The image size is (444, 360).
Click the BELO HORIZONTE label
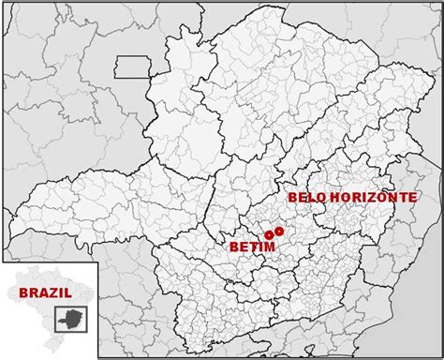coord(351,198)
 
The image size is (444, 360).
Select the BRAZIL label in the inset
coord(46,292)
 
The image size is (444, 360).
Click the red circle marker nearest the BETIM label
coord(269,233)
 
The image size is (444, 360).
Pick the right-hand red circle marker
coord(279,231)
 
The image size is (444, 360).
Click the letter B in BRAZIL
coord(23,292)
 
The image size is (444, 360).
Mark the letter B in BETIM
coord(232,247)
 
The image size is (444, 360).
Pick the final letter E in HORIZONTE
coord(412,198)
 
